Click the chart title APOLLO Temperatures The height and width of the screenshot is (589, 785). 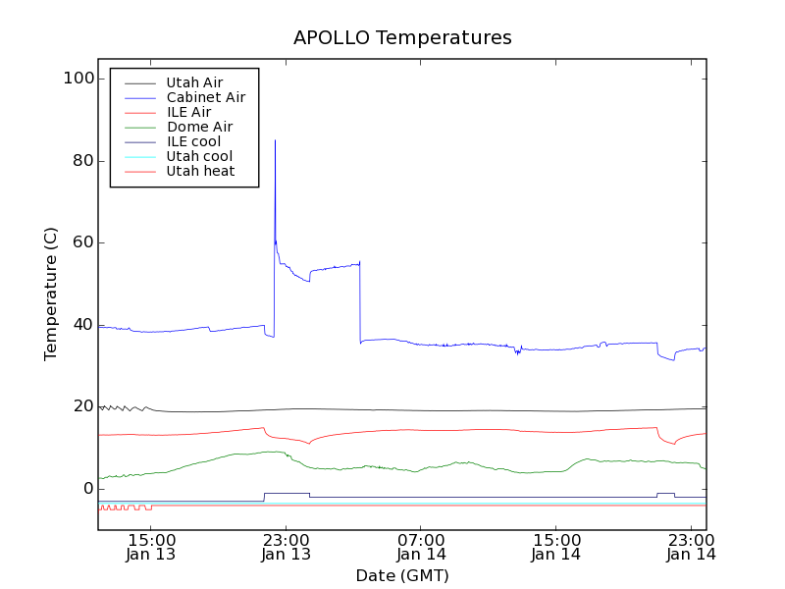tap(402, 38)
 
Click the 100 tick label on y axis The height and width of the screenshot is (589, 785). tap(75, 79)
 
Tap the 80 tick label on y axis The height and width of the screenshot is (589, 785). tap(79, 161)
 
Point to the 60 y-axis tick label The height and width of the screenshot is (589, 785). tap(79, 242)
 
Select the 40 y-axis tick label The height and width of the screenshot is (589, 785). tap(79, 325)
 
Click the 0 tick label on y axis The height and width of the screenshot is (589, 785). tap(85, 489)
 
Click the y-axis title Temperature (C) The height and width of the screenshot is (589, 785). tap(51, 294)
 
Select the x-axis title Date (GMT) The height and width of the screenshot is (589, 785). tap(402, 575)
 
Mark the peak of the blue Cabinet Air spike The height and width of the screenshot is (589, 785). tap(275, 140)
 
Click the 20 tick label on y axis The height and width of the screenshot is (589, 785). tap(79, 406)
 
